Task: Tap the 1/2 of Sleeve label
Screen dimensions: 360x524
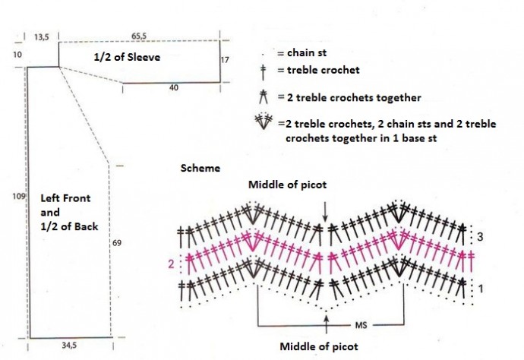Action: tap(127, 57)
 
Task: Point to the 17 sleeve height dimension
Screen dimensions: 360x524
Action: tap(225, 59)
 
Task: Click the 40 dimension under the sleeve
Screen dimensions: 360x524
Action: tap(173, 89)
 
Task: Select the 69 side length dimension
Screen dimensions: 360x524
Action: tap(117, 243)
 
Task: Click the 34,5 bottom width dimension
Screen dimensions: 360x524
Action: tap(70, 346)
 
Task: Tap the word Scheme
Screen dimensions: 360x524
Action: tap(200, 167)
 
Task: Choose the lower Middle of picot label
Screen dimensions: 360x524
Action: tap(319, 346)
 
